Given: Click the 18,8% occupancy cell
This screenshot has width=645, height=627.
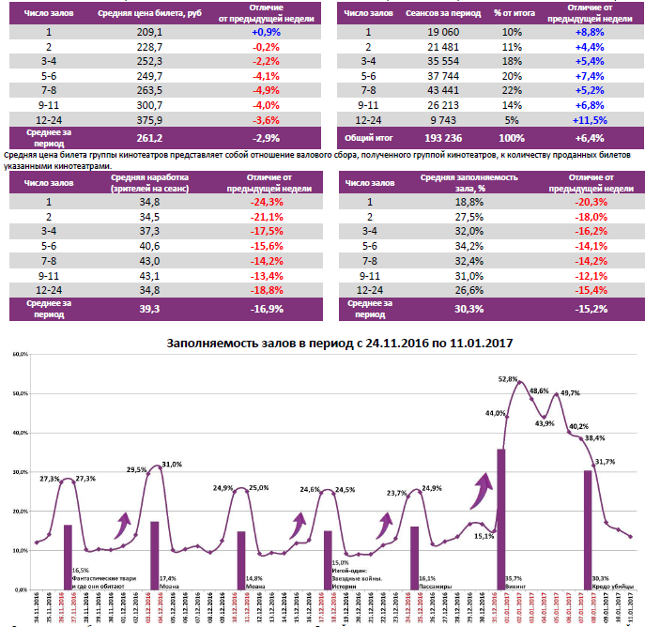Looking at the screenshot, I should (x=468, y=201).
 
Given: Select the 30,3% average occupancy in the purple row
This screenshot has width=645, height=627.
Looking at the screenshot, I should (x=468, y=308).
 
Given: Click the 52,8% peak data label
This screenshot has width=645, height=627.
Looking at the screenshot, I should (x=508, y=379).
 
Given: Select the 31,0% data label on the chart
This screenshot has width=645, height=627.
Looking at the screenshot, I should (x=171, y=465).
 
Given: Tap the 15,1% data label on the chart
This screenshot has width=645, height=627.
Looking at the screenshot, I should (x=484, y=536).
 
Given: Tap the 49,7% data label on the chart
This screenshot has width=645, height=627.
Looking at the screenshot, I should (x=570, y=392).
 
